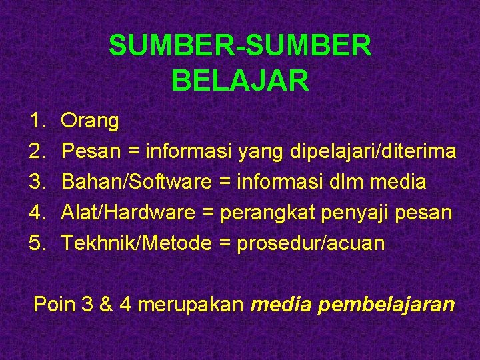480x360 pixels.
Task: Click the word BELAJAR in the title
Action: pos(240,81)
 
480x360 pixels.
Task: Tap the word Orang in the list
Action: pos(90,121)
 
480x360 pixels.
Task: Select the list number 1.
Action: pos(36,121)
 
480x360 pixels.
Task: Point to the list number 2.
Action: pos(36,152)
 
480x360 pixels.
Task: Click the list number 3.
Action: pos(36,182)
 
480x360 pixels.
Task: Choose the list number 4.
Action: pos(36,213)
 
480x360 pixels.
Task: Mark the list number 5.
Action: pos(36,243)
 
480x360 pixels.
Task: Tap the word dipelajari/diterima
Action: pos(373,152)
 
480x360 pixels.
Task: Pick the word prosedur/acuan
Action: pos(311,243)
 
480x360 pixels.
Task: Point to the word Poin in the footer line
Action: pos(55,305)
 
